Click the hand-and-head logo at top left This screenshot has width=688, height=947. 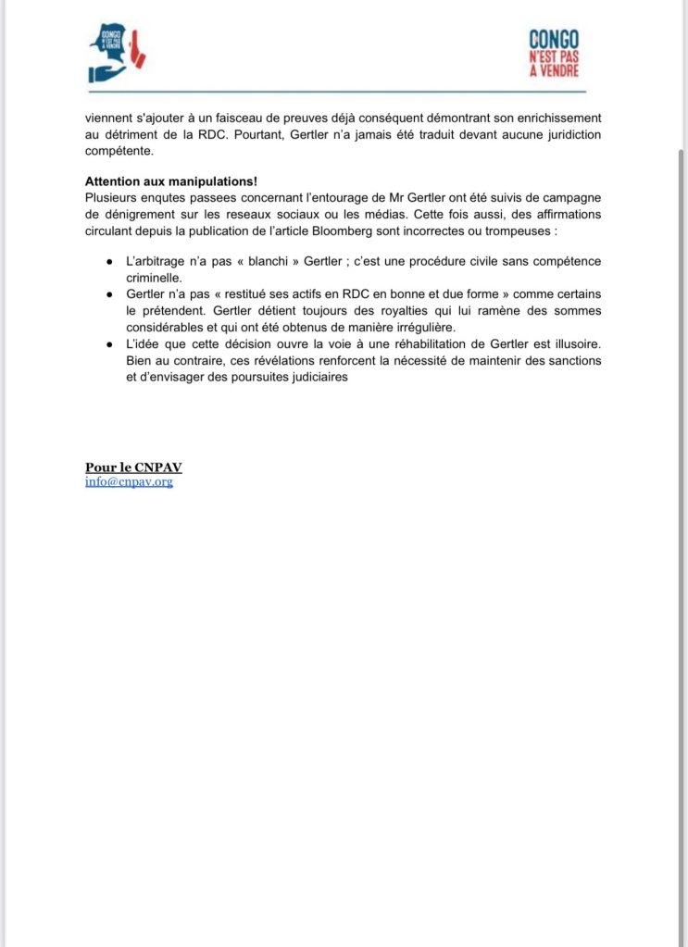point(115,52)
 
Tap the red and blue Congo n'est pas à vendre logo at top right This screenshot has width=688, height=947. point(554,55)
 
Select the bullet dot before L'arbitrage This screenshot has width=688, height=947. point(111,261)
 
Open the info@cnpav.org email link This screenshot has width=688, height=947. point(129,481)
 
